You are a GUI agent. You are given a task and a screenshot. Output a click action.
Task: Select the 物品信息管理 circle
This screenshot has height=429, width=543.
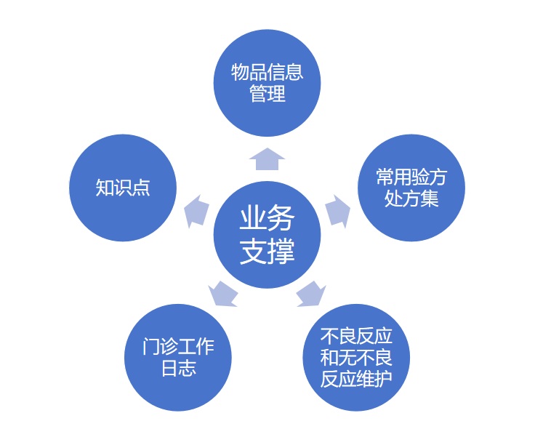click(x=267, y=82)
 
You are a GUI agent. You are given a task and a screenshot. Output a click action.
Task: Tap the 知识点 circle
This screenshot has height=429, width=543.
click(x=122, y=188)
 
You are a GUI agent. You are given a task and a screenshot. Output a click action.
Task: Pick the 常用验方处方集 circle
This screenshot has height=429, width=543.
click(x=411, y=188)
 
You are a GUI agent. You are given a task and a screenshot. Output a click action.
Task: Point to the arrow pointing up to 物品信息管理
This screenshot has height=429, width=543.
click(x=267, y=158)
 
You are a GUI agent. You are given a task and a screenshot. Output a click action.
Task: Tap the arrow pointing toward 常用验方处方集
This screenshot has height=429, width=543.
click(x=337, y=211)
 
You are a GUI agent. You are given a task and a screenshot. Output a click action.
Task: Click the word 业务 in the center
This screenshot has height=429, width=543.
click(x=267, y=217)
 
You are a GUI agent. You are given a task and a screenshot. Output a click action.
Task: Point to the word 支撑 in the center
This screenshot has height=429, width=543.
click(x=267, y=251)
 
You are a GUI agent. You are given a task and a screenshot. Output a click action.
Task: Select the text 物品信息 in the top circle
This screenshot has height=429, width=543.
click(x=267, y=72)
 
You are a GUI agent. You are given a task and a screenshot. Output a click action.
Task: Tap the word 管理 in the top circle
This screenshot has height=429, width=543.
click(x=267, y=94)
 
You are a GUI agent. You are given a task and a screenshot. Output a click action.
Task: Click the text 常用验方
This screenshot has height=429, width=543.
click(x=411, y=177)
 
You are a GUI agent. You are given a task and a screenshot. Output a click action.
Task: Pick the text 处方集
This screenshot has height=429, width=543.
click(x=411, y=199)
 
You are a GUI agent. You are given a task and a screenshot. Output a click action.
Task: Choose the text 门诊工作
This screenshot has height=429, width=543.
click(x=178, y=346)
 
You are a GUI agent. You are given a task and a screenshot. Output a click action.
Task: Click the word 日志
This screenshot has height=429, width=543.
click(x=178, y=368)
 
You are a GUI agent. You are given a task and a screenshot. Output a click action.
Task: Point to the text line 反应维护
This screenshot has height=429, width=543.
click(x=356, y=379)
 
